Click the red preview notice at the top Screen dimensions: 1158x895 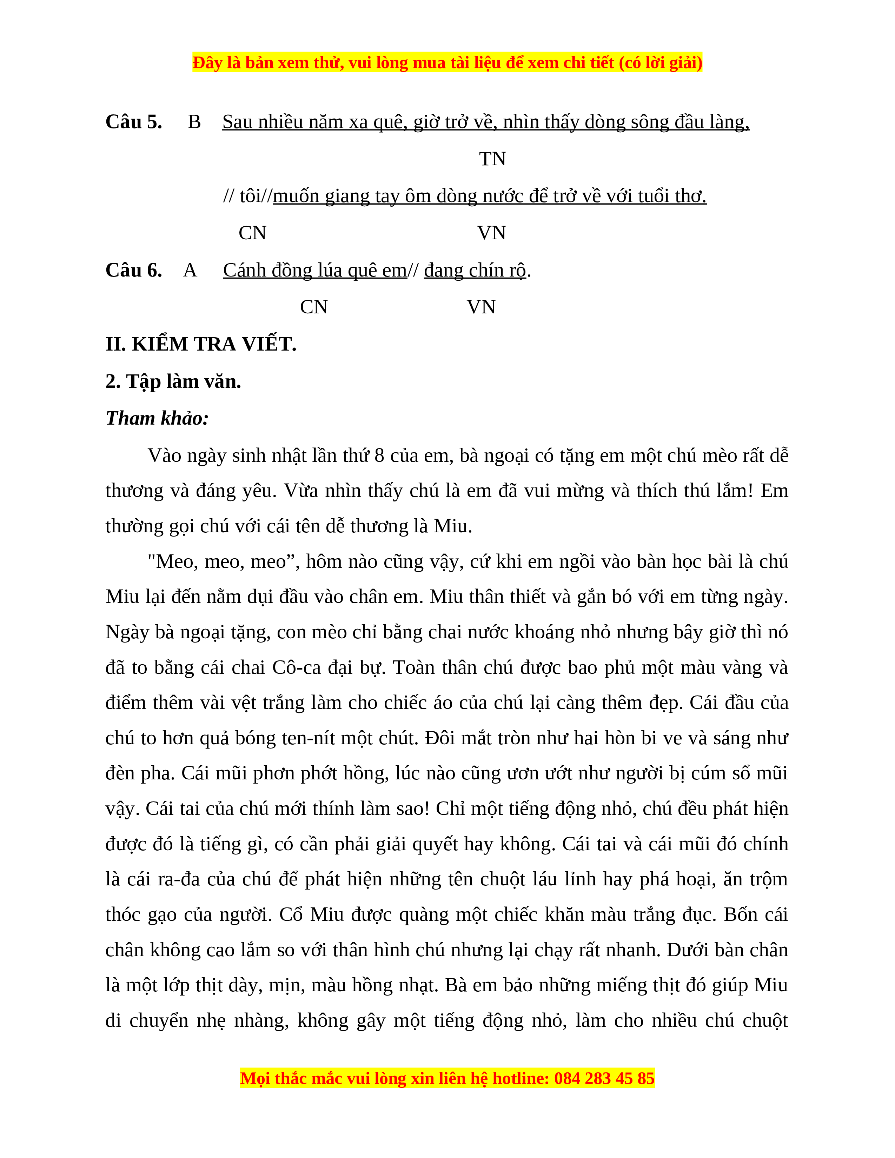[447, 62]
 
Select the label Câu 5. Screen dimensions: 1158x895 [134, 122]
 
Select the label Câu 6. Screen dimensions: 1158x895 [134, 271]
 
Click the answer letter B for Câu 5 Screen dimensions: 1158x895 [194, 122]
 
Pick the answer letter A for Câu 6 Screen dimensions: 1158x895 [190, 271]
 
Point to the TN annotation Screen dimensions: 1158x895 [492, 159]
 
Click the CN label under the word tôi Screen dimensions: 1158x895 [252, 233]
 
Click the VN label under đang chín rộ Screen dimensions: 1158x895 [481, 307]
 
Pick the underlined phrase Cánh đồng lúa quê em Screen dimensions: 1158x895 [314, 271]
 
